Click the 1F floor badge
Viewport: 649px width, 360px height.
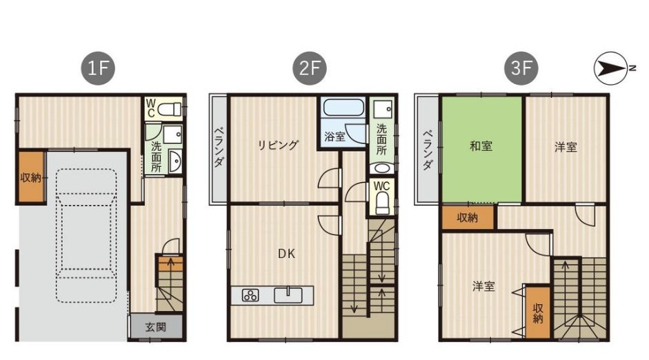pyautogui.click(x=98, y=68)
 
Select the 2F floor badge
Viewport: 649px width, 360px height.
pyautogui.click(x=310, y=68)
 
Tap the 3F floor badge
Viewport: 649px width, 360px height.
pyautogui.click(x=521, y=68)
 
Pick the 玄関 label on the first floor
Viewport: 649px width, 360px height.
pyautogui.click(x=156, y=328)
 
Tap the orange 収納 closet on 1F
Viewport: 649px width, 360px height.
pyautogui.click(x=30, y=177)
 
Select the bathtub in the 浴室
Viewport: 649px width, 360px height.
pyautogui.click(x=343, y=107)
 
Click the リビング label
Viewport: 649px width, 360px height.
pyautogui.click(x=278, y=146)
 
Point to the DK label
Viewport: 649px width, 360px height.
pyautogui.click(x=286, y=254)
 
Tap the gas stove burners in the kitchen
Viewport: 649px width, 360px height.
pyautogui.click(x=250, y=295)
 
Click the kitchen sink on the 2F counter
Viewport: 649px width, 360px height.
pyautogui.click(x=288, y=295)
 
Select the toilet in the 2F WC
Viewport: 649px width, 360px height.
pyautogui.click(x=381, y=203)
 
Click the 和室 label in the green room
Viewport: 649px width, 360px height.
pyautogui.click(x=481, y=146)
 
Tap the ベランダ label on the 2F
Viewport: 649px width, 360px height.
pyautogui.click(x=219, y=147)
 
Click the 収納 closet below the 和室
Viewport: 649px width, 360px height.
pyautogui.click(x=468, y=217)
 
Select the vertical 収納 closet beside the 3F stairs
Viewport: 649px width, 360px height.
pyautogui.click(x=538, y=312)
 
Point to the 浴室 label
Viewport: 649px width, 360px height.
pyautogui.click(x=335, y=136)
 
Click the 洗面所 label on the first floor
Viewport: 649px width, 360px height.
pyautogui.click(x=156, y=157)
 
